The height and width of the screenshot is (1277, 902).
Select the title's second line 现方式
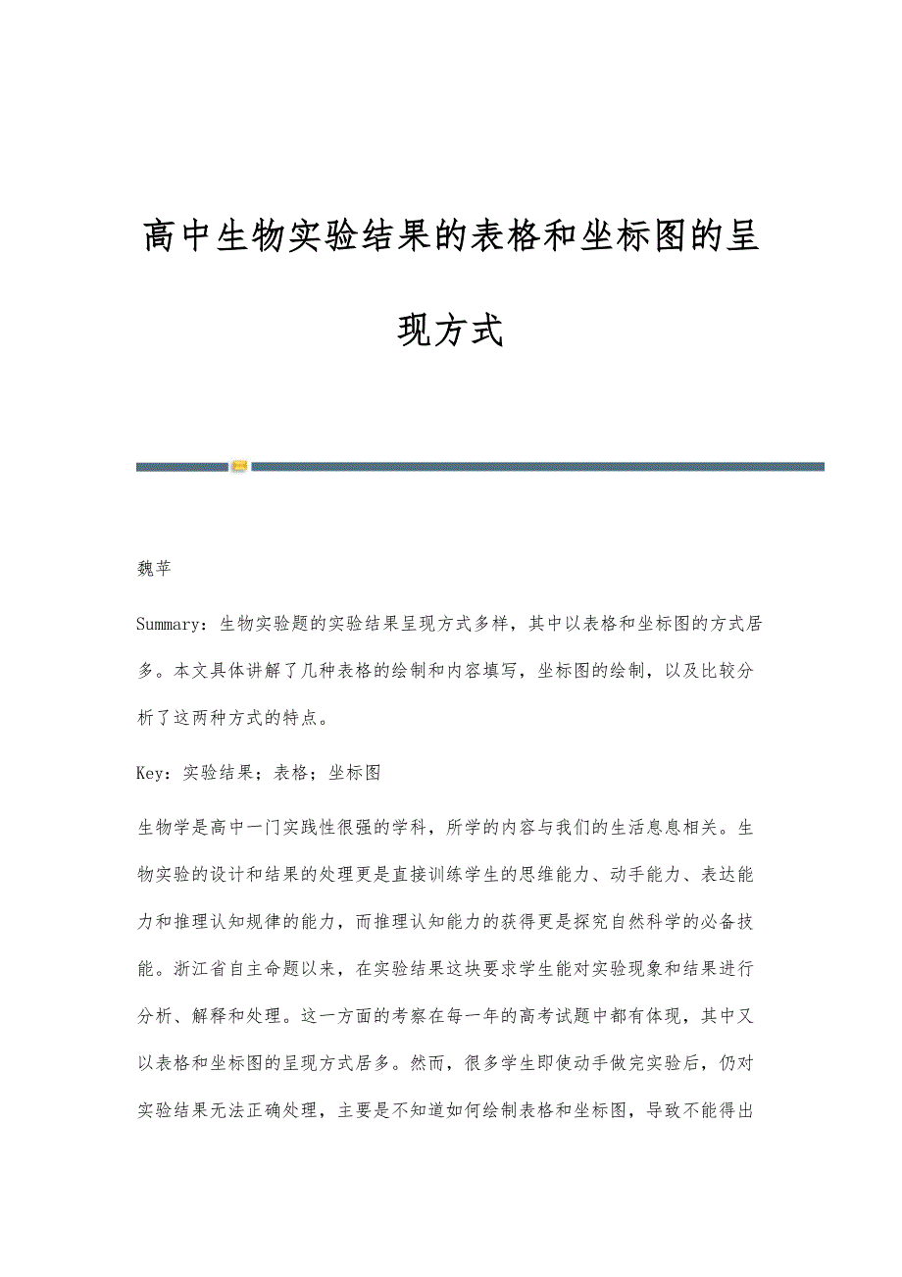click(450, 331)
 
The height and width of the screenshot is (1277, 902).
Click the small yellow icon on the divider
click(239, 467)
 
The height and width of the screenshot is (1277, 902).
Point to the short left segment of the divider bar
click(181, 467)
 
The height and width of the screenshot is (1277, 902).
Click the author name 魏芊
click(154, 570)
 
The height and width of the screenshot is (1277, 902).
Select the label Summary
click(169, 622)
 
